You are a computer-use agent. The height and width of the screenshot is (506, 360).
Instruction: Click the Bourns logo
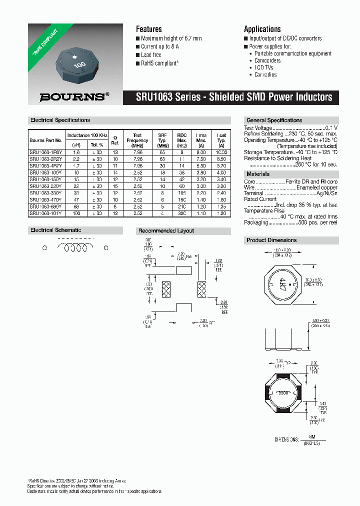click(74, 97)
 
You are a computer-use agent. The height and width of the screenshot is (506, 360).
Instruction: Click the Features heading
click(148, 29)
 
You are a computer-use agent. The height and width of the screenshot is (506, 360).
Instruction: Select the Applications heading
click(262, 29)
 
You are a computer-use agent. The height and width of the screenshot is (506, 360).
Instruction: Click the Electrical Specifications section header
click(60, 120)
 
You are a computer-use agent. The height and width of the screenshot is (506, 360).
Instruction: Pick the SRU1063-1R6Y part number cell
click(45, 152)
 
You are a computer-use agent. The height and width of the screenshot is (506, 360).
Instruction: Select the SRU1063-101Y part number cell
click(45, 213)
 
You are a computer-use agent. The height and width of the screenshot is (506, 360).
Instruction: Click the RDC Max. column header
click(181, 140)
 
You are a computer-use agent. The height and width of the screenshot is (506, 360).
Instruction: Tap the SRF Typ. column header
click(162, 140)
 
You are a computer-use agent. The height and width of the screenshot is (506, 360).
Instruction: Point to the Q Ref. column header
click(115, 140)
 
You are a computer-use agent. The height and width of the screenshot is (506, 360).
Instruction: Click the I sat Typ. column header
click(221, 140)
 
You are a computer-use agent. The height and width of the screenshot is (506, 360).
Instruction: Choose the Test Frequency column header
click(137, 140)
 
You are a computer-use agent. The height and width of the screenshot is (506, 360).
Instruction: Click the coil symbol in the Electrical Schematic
click(76, 247)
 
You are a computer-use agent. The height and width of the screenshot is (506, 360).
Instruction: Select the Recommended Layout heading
click(166, 231)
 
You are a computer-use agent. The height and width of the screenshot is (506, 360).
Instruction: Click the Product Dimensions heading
click(271, 240)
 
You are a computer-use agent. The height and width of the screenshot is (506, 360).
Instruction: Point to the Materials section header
click(258, 174)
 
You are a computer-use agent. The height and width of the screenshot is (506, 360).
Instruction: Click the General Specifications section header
click(274, 120)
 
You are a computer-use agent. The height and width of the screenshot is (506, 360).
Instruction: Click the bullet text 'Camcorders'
click(267, 60)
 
